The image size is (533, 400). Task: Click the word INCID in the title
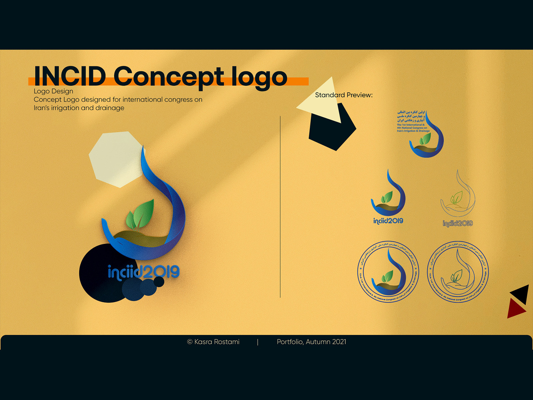pos(70,76)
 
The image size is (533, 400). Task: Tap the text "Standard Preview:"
pos(344,95)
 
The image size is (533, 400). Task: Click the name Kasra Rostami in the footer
pos(217,342)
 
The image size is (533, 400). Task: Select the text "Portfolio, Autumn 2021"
pos(311,342)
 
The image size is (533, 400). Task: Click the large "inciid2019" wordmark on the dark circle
pos(144,272)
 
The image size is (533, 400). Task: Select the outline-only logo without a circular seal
pos(458,198)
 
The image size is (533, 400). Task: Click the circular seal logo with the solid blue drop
pos(388,272)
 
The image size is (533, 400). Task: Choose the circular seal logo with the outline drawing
pos(458,272)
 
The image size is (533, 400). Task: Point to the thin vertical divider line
pos(280,207)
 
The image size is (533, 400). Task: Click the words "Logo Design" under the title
pos(53,91)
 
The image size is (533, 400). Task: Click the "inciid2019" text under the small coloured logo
pos(388,221)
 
